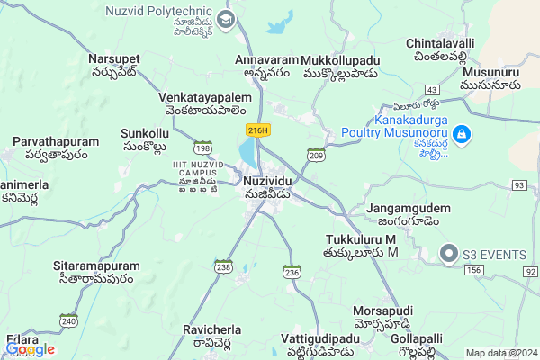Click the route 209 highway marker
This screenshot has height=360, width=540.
316,156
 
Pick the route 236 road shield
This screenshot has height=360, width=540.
292,271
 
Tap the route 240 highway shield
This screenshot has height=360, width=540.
68,319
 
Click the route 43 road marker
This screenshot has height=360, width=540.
433,90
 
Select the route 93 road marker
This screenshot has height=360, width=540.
520,184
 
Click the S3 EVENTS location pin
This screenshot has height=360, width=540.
448,255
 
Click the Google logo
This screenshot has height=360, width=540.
30,349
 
